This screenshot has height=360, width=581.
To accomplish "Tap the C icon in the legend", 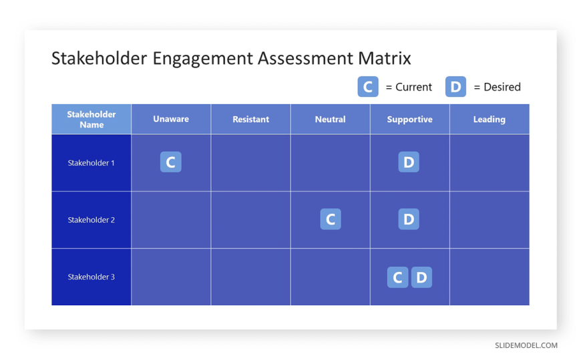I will point(367,87).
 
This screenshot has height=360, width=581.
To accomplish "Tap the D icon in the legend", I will point(455,87).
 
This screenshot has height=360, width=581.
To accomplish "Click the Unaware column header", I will point(171,119).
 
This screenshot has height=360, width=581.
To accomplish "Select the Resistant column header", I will point(250,119).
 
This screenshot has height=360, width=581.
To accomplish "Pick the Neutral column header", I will point(330,119).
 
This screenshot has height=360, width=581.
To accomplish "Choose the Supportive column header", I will point(409,119).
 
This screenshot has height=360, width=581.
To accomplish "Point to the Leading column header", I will point(489,119).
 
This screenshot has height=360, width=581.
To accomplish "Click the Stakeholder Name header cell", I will point(91,119).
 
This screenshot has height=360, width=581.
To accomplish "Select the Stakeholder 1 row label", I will point(91,162).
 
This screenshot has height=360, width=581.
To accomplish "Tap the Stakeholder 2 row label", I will point(91,220).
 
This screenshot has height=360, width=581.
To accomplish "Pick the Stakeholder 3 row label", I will point(91,277).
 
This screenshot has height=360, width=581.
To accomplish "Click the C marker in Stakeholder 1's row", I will point(170,162).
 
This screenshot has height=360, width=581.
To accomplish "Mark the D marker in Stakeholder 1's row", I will point(409,162).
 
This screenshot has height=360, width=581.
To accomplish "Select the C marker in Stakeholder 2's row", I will point(330,219).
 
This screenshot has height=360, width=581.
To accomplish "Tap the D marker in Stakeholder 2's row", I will point(409,219).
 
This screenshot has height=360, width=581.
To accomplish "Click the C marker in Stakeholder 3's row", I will point(397,277).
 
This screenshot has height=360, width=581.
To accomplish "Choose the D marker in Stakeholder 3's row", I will point(421,277).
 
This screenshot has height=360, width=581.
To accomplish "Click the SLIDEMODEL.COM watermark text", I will point(526,345).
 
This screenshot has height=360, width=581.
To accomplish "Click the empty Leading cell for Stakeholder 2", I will point(489,220).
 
